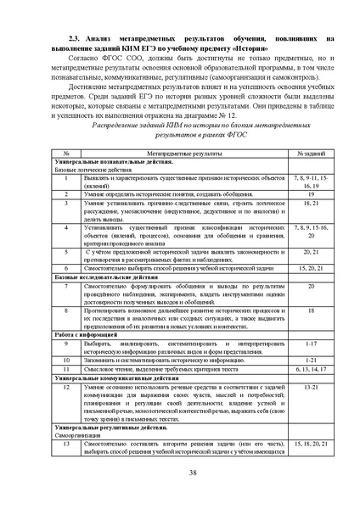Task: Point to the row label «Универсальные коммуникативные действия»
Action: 110,378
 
